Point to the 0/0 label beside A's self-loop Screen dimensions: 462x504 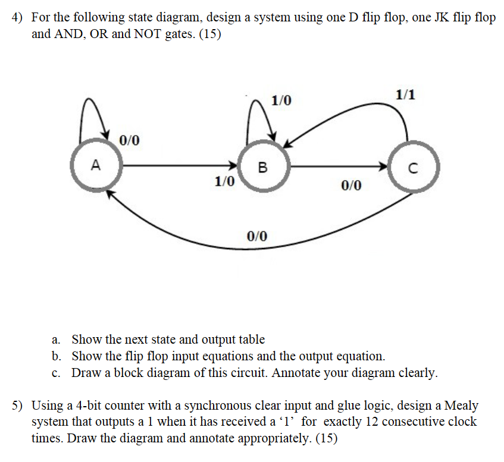129,141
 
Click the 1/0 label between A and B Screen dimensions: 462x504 224,181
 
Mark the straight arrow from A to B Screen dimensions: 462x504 179,165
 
